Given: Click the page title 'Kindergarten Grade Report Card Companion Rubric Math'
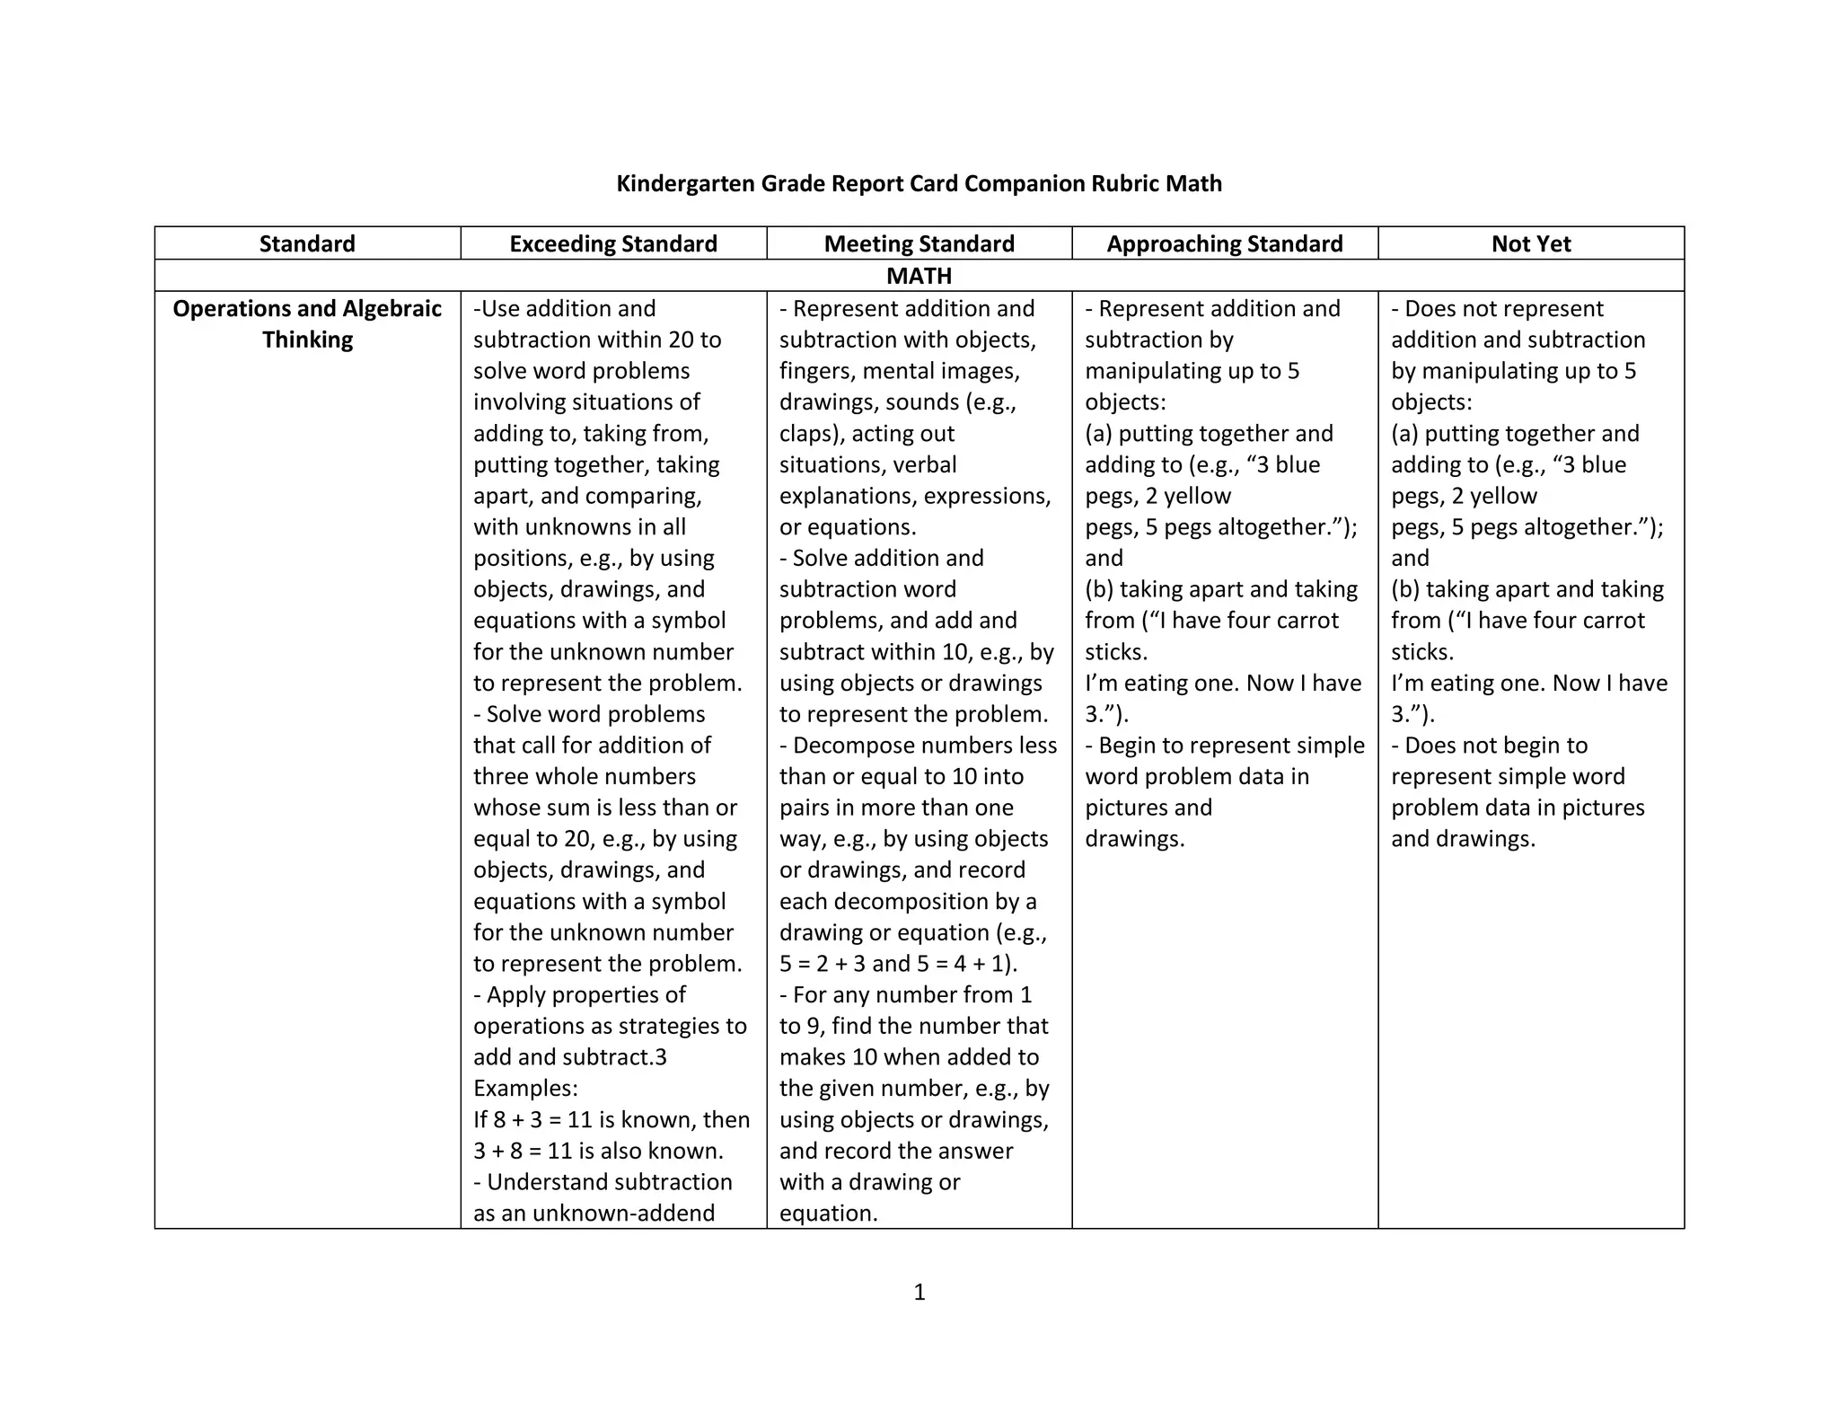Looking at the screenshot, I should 919,184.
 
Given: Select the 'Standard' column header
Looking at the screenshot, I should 307,243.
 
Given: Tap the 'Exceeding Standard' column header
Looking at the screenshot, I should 613,243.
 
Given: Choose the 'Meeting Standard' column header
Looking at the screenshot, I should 919,243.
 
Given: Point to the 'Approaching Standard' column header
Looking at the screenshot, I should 1225,243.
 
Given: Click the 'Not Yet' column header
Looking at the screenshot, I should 1531,243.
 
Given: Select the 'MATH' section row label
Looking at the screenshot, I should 919,275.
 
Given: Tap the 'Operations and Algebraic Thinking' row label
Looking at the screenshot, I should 307,323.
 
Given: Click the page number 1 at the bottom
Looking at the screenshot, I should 919,1293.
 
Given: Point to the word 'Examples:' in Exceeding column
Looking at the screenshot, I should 526,1089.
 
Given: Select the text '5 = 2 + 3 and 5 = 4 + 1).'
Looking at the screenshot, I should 898,964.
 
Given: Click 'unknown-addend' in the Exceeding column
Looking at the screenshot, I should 623,1214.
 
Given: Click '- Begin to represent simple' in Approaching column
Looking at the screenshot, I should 1225,746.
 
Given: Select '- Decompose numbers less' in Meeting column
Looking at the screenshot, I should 918,746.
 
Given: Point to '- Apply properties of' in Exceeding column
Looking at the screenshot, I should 579,995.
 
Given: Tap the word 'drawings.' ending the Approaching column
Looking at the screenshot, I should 1134,839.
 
